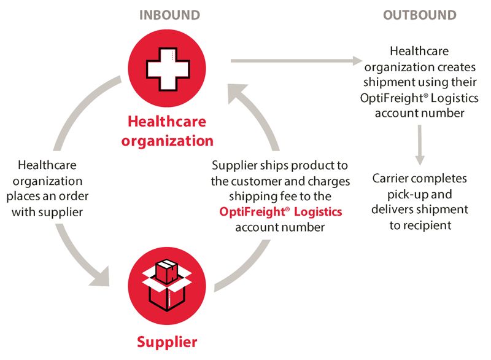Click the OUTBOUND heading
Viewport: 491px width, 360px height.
[x=420, y=15]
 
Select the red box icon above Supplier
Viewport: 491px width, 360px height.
[x=167, y=284]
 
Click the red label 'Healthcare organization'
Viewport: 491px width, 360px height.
[x=167, y=132]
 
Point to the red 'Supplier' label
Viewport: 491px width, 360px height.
[x=167, y=341]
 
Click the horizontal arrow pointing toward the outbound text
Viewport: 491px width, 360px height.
[x=295, y=61]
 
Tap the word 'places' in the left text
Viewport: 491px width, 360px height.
[x=26, y=197]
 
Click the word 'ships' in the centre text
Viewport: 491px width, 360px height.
[x=271, y=166]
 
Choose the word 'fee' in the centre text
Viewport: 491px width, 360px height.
[x=281, y=197]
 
